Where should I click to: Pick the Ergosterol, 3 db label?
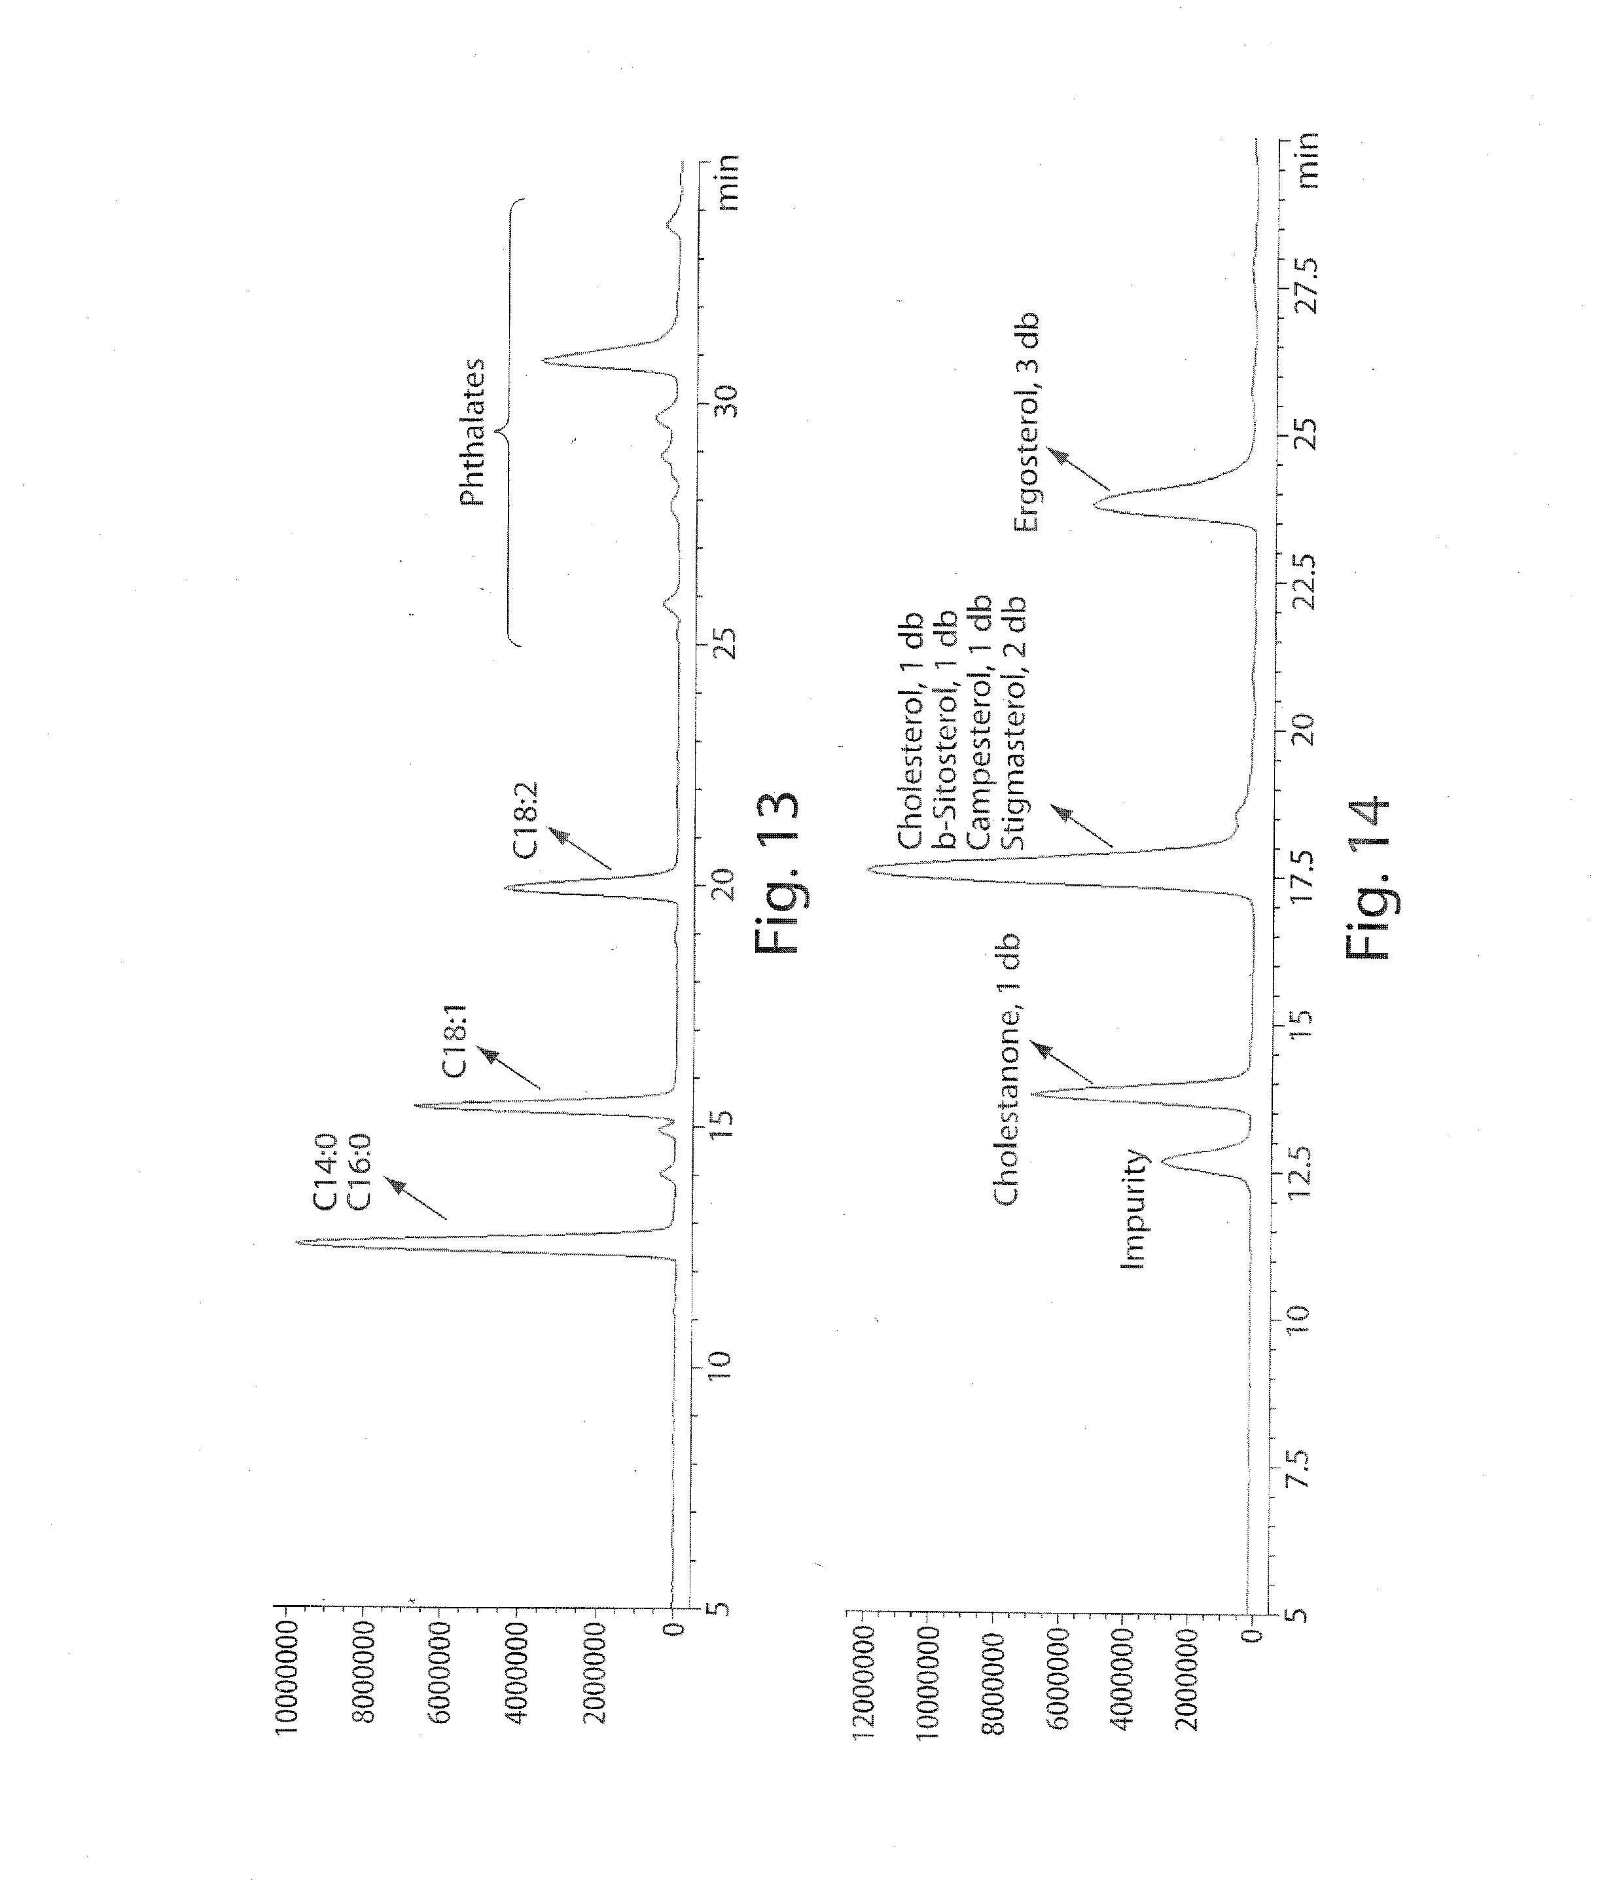tap(1026, 422)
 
